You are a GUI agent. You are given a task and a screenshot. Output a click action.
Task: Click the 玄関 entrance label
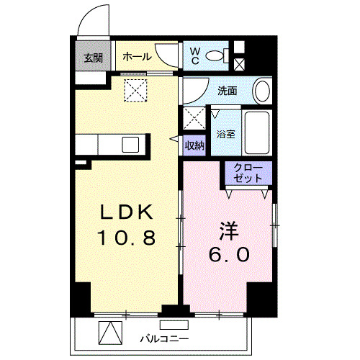point(92,58)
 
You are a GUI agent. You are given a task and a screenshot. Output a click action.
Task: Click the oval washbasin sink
point(263,91)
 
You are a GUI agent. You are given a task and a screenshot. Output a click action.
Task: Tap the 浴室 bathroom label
point(225,133)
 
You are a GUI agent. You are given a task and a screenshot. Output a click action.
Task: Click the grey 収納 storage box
point(194,145)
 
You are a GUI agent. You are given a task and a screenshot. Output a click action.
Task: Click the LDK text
point(125,212)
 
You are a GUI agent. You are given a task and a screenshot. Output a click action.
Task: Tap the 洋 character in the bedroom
point(229,233)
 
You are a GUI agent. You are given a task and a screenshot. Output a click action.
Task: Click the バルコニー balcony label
point(164,337)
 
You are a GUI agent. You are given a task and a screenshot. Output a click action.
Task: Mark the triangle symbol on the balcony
point(107,334)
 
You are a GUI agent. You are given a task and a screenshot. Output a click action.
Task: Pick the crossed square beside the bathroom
point(194,117)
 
